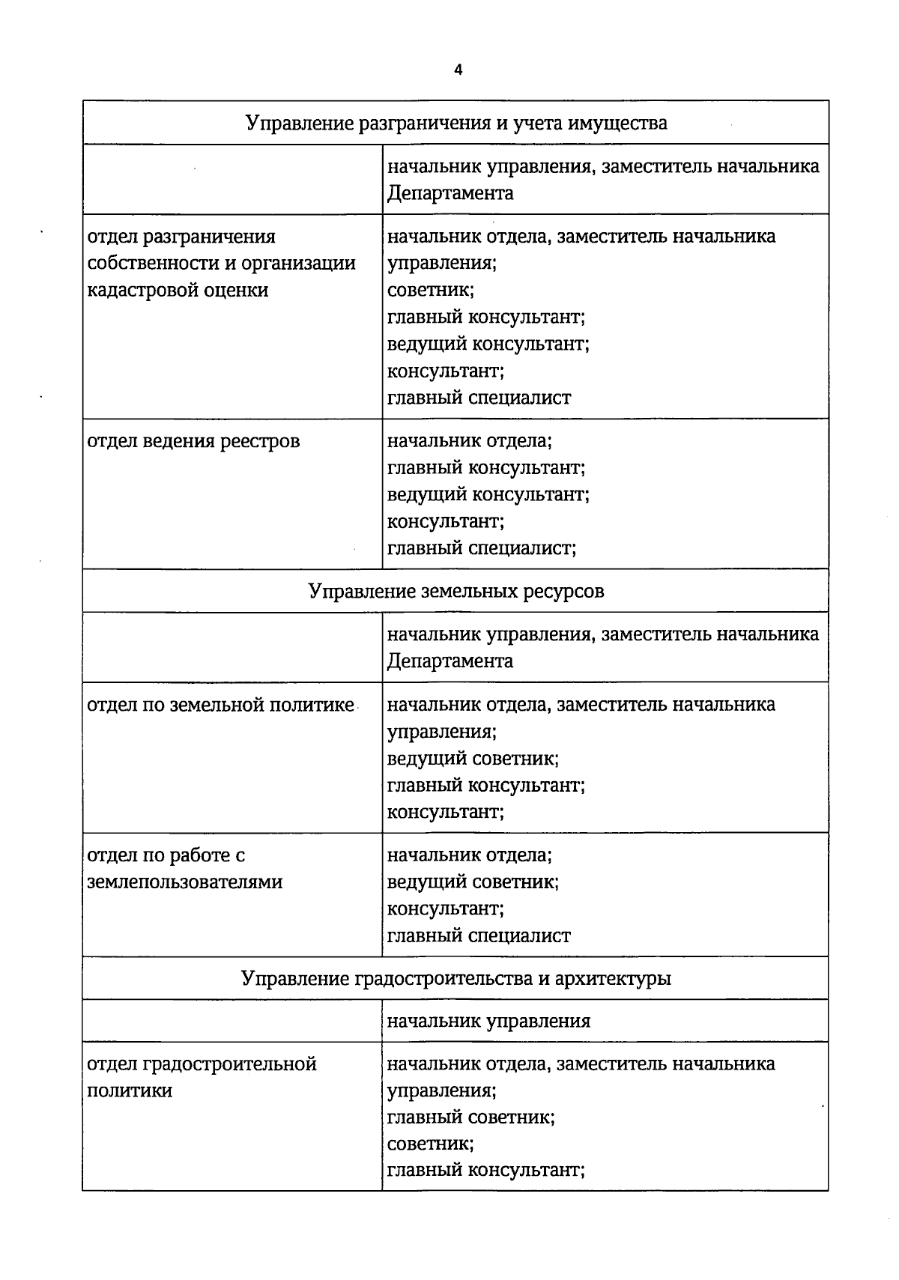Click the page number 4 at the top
tap(458, 70)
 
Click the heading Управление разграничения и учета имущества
tap(456, 122)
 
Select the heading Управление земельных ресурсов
tap(456, 591)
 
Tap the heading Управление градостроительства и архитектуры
tap(456, 978)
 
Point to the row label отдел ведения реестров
tap(193, 441)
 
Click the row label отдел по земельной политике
tap(220, 705)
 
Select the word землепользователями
tap(185, 882)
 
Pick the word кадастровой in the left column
tap(143, 290)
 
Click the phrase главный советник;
tap(470, 1117)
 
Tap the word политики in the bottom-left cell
tap(130, 1091)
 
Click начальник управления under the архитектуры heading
tap(488, 1021)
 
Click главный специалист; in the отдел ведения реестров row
tap(481, 548)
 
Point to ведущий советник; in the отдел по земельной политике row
tap(473, 759)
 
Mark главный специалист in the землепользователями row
tap(479, 935)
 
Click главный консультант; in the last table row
tap(485, 1169)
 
